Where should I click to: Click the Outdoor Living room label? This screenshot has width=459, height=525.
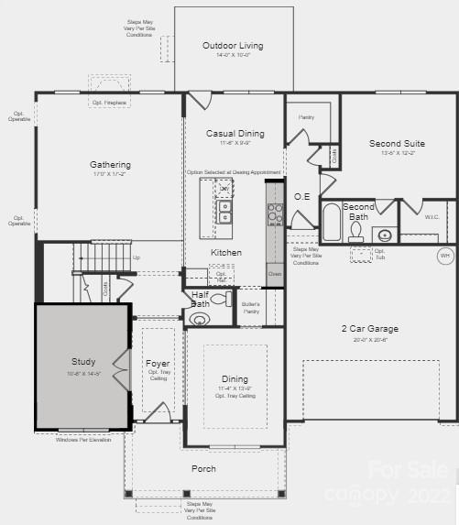point(233,45)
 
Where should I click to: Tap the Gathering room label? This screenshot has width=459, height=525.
point(110,165)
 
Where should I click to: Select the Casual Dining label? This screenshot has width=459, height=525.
point(235,134)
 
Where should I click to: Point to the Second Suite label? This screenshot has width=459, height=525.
point(397,143)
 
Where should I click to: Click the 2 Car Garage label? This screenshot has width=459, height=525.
point(370,328)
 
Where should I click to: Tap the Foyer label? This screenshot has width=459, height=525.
point(158,364)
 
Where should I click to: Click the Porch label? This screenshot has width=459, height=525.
point(203,468)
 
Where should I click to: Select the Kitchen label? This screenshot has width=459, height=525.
point(226,252)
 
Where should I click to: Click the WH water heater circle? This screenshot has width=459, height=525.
point(445,255)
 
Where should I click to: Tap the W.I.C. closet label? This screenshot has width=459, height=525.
point(432,217)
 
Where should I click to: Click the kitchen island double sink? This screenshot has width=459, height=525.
point(224,213)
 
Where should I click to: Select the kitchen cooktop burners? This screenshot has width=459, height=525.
point(275,213)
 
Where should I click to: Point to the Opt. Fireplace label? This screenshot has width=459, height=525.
point(109,103)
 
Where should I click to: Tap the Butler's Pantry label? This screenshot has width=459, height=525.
point(250,306)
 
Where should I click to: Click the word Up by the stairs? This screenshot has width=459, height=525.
point(137,257)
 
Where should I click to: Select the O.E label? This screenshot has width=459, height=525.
point(302,196)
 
